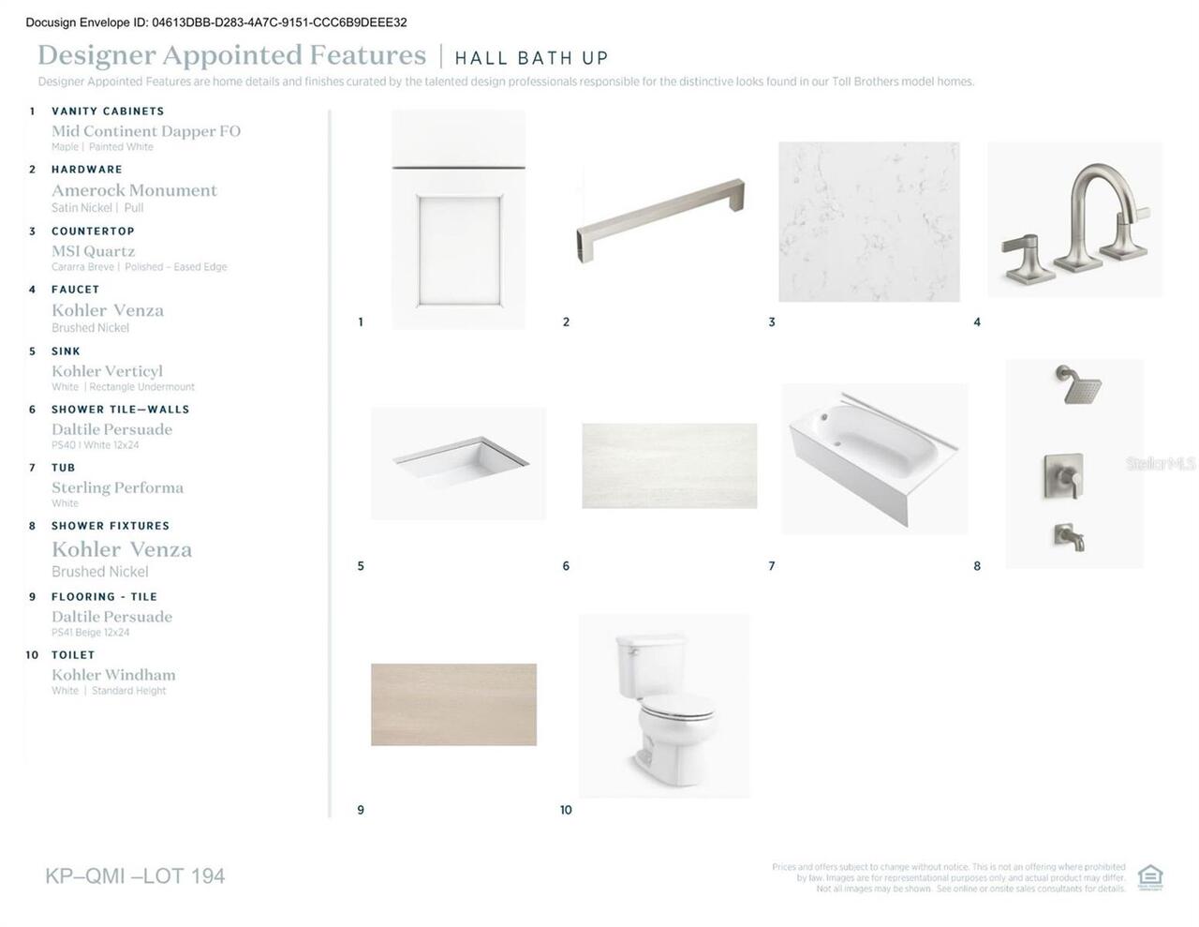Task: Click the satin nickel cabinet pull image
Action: tap(660, 220)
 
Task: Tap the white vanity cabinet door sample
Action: tap(458, 220)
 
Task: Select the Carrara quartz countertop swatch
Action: tap(868, 221)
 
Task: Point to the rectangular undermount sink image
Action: tap(458, 463)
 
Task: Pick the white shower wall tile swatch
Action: tap(669, 466)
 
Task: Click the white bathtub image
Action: tap(873, 457)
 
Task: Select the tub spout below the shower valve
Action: tap(1070, 537)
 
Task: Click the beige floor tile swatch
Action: tap(453, 705)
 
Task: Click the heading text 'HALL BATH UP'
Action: tap(531, 58)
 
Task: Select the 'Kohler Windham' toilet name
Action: tap(113, 675)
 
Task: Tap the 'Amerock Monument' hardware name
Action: tap(134, 190)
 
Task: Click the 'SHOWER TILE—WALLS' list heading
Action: tap(120, 410)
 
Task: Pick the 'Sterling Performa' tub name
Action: tap(117, 487)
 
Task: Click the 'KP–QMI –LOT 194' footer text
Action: tap(135, 876)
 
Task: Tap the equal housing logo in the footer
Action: tap(1149, 877)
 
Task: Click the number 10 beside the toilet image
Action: tap(566, 810)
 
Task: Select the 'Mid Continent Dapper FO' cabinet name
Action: tap(146, 131)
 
